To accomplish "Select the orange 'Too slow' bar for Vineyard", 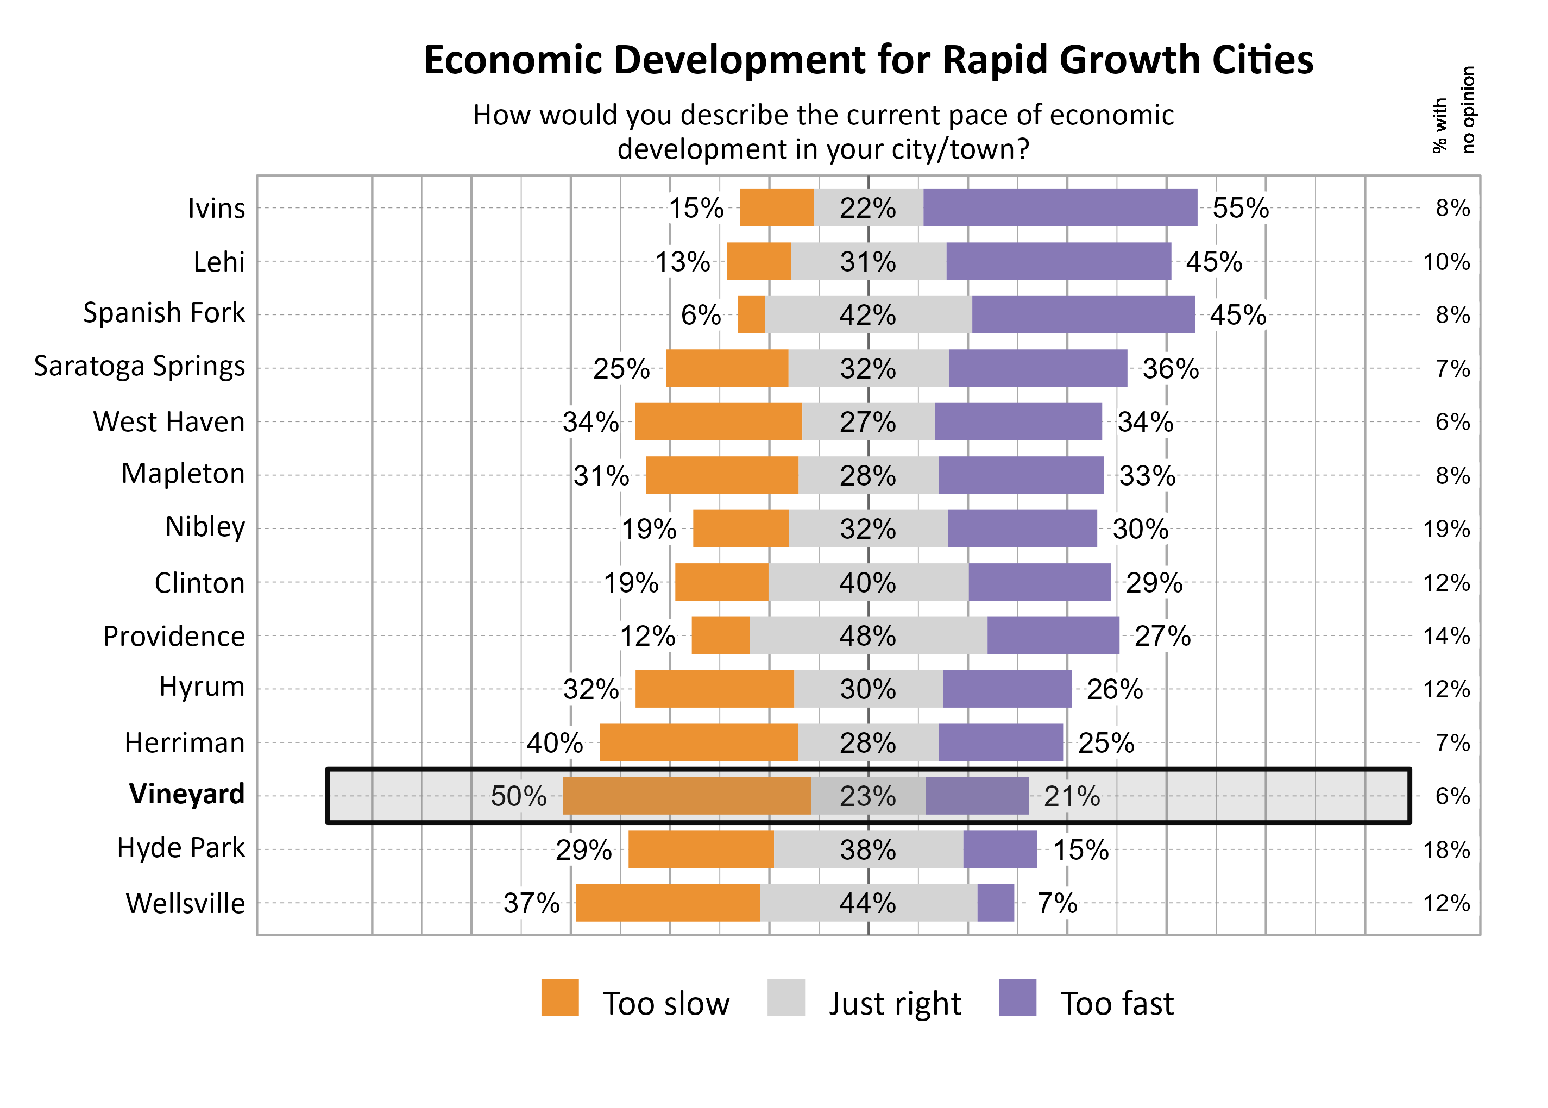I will [687, 796].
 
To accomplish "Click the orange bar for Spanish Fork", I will [751, 314].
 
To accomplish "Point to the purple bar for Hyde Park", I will [999, 849].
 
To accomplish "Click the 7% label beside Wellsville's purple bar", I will [1057, 903].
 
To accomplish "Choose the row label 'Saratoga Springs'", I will [139, 367].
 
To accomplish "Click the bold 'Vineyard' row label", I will [186, 794].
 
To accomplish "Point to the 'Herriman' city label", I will [184, 742].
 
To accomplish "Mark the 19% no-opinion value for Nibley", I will [1446, 529].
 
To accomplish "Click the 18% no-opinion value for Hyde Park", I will [1446, 850].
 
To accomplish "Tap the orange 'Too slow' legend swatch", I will [559, 998].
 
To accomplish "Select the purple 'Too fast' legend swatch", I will [1017, 998].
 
